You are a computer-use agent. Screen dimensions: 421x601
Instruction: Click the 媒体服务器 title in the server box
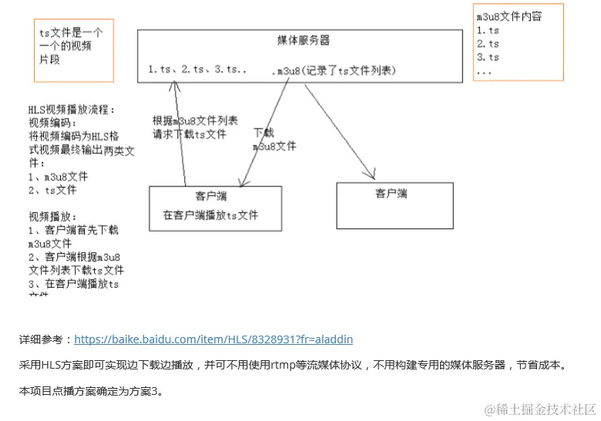[x=303, y=40]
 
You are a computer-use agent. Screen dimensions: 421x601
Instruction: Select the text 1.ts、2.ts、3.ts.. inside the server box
[x=197, y=70]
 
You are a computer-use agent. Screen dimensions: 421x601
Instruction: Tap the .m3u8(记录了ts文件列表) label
[x=334, y=71]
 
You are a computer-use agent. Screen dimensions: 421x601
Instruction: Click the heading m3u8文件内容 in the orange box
[x=509, y=16]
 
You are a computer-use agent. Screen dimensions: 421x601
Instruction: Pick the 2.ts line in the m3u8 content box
[x=488, y=44]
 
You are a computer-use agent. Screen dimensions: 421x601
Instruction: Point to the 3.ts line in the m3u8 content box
[x=488, y=57]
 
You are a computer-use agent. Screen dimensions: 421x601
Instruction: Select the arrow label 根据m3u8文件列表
[x=195, y=121]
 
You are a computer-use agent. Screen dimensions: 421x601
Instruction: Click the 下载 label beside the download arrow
[x=264, y=132]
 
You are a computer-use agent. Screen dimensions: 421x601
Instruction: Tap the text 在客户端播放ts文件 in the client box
[x=210, y=216]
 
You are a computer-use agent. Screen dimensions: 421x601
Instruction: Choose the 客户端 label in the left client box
[x=211, y=197]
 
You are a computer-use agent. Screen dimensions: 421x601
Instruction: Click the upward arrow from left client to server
[x=181, y=131]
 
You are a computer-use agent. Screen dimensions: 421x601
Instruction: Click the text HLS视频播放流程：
[x=71, y=110]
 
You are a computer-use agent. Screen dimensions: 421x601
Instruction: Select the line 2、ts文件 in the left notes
[x=52, y=189]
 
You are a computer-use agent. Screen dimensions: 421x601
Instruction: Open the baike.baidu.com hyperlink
[x=213, y=339]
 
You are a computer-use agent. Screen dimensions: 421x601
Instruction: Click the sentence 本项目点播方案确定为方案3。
[x=91, y=392]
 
